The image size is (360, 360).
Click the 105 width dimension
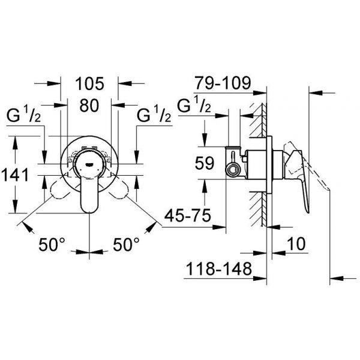89,83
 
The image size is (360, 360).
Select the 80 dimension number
89,106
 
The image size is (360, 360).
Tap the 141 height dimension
15,175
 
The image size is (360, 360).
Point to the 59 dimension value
205,163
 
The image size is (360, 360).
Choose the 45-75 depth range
188,215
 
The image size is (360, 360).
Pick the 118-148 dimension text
219,269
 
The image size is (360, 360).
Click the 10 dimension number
296,244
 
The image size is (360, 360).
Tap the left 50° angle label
52,245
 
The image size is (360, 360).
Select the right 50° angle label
126,244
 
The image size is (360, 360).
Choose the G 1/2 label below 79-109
194,104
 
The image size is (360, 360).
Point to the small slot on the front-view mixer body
89,164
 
